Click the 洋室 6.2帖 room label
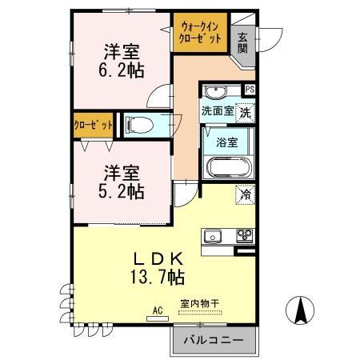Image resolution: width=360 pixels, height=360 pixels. tap(122, 61)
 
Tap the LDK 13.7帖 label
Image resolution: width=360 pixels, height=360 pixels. tap(158, 269)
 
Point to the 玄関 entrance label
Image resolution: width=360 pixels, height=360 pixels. tap(242, 42)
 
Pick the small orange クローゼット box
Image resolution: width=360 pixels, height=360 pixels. tap(92, 126)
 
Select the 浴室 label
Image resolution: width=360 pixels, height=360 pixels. tap(227, 142)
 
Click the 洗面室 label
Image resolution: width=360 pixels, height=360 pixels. tap(217, 111)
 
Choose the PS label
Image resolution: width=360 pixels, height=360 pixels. tap(250, 89)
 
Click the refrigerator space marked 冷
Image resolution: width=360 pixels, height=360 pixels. tap(243, 193)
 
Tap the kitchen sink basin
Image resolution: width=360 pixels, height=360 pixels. tap(214, 236)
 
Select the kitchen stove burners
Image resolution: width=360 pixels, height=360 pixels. tap(241, 236)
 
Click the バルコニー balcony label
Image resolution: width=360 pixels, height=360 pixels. tap(212, 339)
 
